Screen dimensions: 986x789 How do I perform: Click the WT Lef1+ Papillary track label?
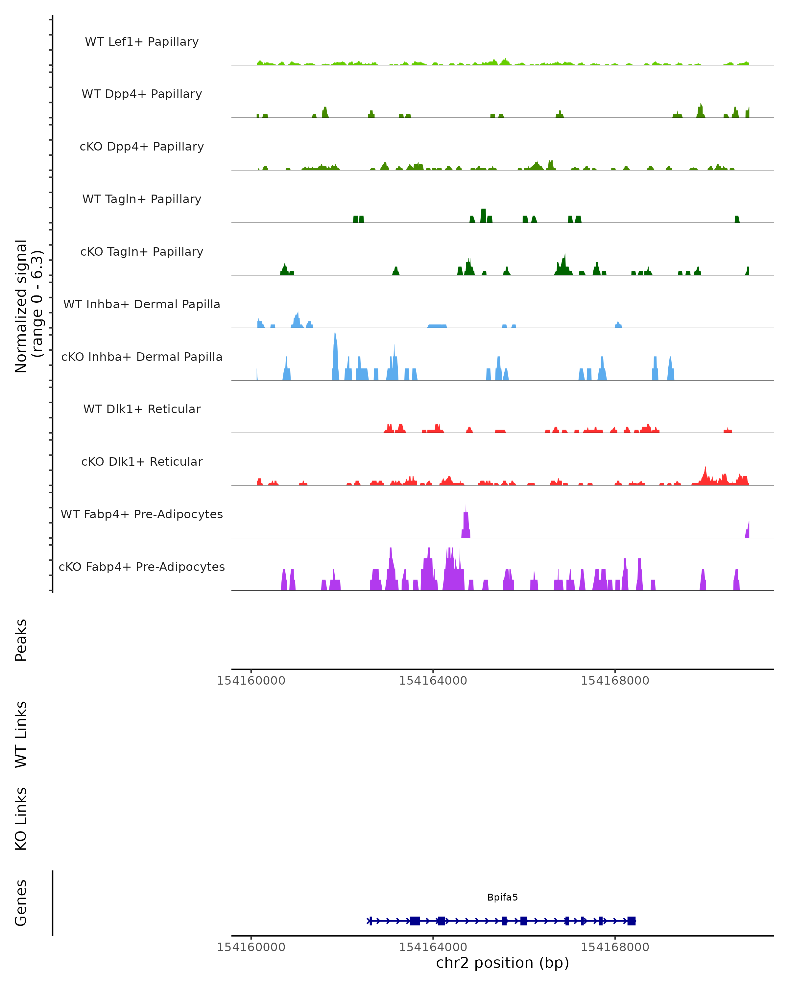tap(142, 42)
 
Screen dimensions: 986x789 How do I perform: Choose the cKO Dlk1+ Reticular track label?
tap(142, 461)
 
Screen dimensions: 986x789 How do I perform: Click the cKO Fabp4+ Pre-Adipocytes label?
tap(142, 567)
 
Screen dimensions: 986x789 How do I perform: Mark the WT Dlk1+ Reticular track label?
tap(142, 409)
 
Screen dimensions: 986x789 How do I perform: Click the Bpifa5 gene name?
tap(502, 897)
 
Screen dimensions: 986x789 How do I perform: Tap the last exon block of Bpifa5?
tap(631, 921)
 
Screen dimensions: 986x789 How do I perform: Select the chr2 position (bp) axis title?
tap(502, 963)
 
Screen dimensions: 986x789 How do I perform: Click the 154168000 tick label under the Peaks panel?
tap(615, 681)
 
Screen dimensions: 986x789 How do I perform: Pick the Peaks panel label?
tap(21, 640)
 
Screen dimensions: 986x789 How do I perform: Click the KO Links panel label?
tap(21, 819)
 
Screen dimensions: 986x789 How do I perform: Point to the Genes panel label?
tap(21, 903)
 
